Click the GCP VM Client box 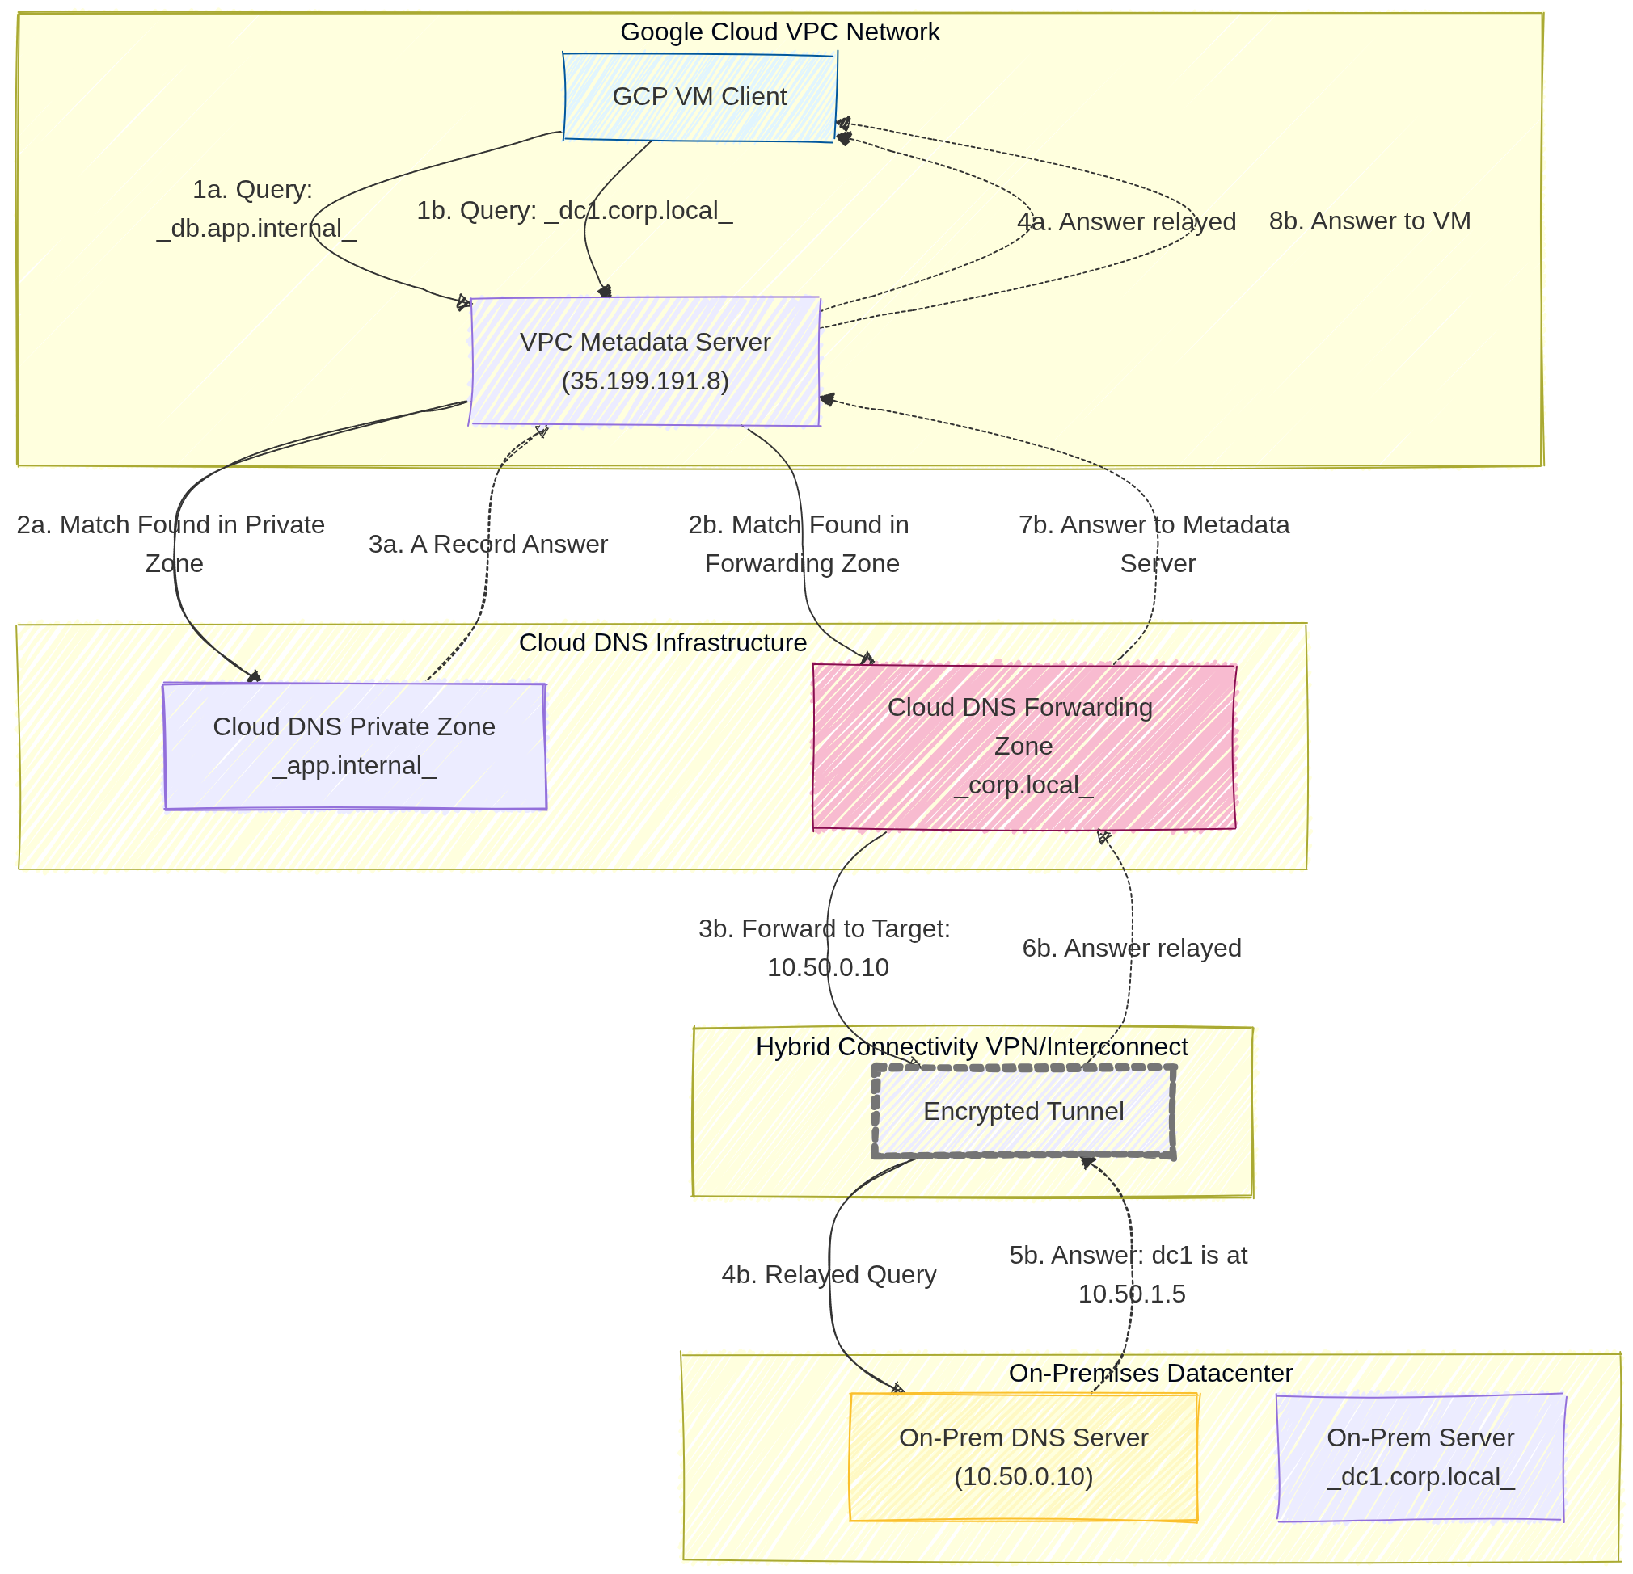pos(699,97)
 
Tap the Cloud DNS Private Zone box pos(354,745)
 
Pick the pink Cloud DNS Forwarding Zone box pos(1023,746)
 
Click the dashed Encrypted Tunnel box pos(1023,1111)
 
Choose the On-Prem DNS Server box pos(1023,1457)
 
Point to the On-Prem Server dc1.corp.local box pos(1420,1457)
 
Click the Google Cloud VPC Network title pos(780,32)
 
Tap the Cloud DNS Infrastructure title pos(662,643)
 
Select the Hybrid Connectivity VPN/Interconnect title pos(972,1046)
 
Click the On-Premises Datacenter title pos(1150,1373)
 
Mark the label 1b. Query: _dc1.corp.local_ pos(574,211)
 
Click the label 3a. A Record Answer pos(487,544)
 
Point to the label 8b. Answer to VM pos(1369,221)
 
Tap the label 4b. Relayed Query pos(828,1274)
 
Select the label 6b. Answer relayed pos(1131,948)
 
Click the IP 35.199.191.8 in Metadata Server pos(645,381)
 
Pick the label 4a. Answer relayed pos(1125,222)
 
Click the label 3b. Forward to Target pos(824,928)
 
